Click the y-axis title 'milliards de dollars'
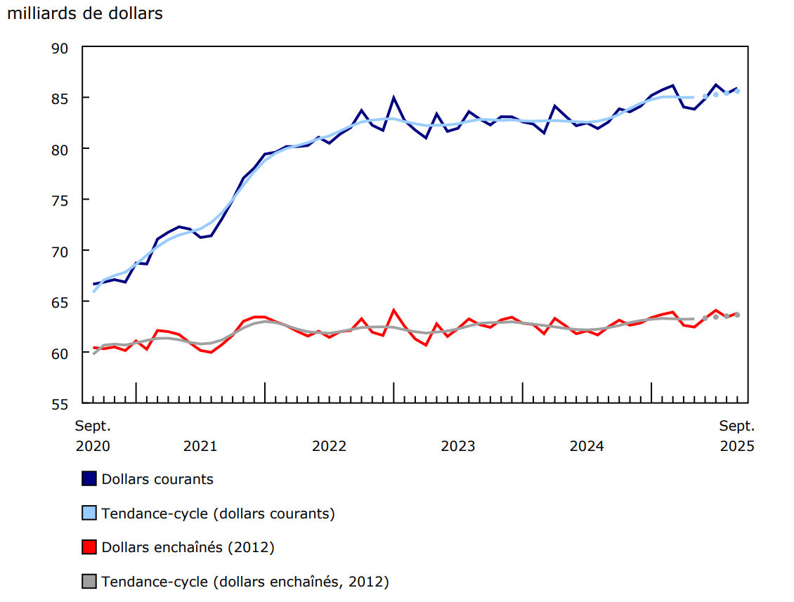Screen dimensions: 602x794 coord(84,13)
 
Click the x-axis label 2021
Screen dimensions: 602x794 coord(200,446)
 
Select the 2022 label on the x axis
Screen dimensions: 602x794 coord(329,446)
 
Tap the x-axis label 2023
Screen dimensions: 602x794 coord(458,446)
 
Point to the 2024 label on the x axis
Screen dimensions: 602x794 coord(587,446)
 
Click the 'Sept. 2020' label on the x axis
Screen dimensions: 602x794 coord(93,436)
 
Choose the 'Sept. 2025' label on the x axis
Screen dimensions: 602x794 coord(736,436)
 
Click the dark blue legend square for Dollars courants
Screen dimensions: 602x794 coord(89,479)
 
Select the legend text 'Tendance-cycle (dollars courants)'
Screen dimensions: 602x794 coord(218,513)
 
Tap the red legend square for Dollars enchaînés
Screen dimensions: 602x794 coord(89,547)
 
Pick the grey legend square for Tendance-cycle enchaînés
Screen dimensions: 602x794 coord(89,582)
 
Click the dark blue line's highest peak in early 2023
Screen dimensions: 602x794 coord(393,98)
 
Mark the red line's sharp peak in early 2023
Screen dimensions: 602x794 coord(393,310)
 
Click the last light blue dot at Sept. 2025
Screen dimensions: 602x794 coord(737,91)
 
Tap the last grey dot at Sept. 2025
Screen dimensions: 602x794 coord(737,315)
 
